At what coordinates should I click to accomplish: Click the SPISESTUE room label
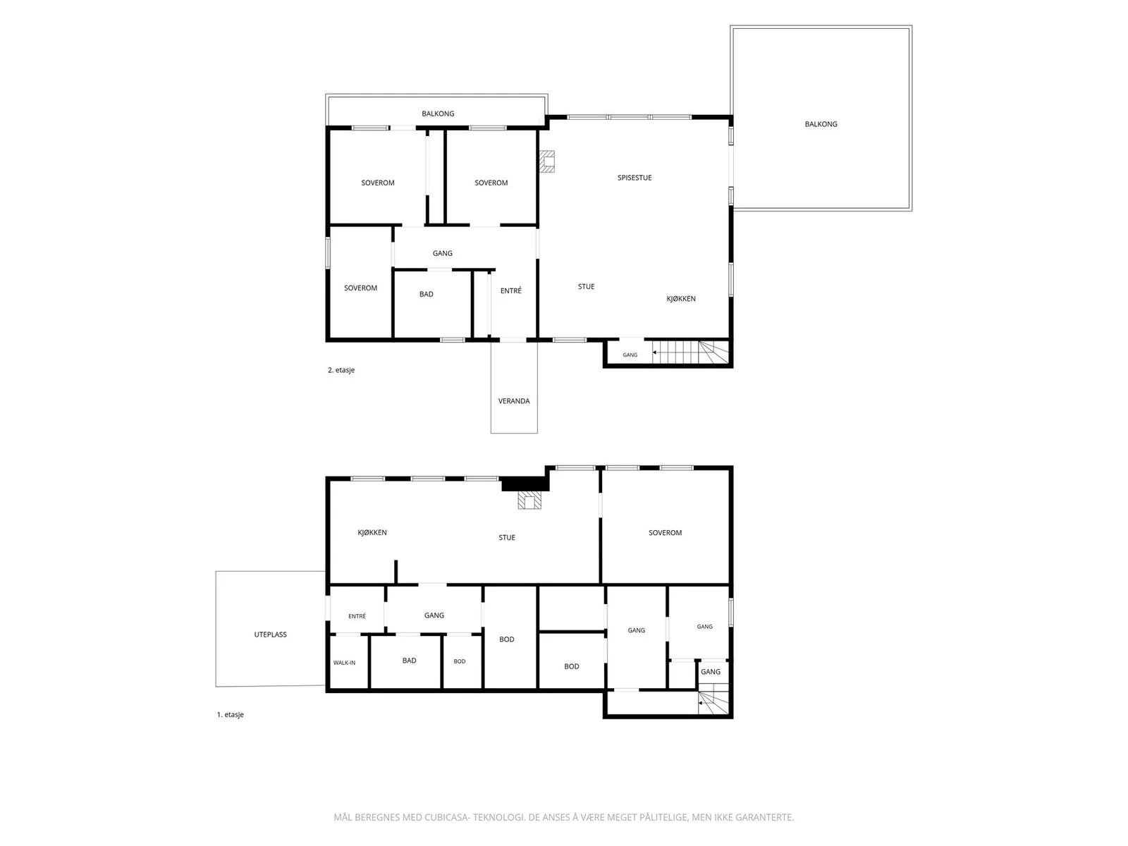click(x=634, y=178)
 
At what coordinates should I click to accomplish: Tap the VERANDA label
click(x=513, y=401)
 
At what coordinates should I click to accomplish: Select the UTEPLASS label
click(x=270, y=634)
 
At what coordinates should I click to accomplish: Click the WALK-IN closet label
click(x=344, y=663)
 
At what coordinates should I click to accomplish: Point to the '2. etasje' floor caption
click(x=341, y=370)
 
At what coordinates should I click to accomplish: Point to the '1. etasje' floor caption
click(x=231, y=714)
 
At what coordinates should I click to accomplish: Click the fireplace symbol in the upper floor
click(x=547, y=161)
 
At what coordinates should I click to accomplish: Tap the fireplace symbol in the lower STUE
click(x=529, y=500)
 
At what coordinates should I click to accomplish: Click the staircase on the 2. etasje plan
click(x=691, y=352)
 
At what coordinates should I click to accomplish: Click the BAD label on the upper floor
click(x=426, y=294)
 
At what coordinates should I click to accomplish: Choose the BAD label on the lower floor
click(x=409, y=661)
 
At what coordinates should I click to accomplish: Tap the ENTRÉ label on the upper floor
click(x=511, y=290)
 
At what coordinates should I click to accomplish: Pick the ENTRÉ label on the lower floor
click(x=357, y=616)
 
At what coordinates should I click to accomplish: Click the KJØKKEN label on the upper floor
click(x=681, y=298)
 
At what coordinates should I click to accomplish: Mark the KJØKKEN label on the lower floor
click(x=372, y=533)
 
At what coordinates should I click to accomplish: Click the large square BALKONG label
click(x=821, y=124)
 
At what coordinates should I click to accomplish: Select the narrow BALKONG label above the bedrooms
click(x=438, y=114)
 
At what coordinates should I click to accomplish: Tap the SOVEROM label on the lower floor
click(x=665, y=533)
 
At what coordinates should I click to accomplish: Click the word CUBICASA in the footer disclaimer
click(x=446, y=817)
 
